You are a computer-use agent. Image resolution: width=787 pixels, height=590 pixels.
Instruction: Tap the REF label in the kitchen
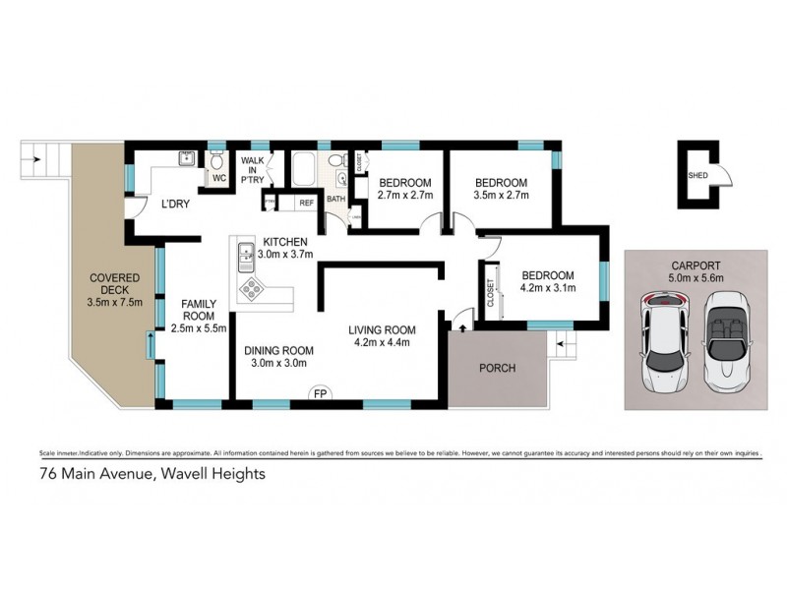click(x=306, y=203)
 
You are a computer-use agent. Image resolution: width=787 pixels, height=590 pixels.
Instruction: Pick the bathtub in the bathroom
click(x=304, y=170)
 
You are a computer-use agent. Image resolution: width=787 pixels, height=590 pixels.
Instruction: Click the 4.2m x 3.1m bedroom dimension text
click(x=549, y=288)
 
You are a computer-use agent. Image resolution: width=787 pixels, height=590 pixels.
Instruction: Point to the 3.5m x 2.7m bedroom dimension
click(x=501, y=196)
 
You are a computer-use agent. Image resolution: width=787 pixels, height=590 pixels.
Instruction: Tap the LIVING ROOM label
click(x=382, y=329)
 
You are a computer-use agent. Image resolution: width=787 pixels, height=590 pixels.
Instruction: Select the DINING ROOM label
click(x=278, y=350)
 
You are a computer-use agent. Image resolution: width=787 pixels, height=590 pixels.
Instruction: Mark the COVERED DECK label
click(x=114, y=285)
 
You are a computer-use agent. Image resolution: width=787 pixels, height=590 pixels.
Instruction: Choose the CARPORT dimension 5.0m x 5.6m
click(x=696, y=277)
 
